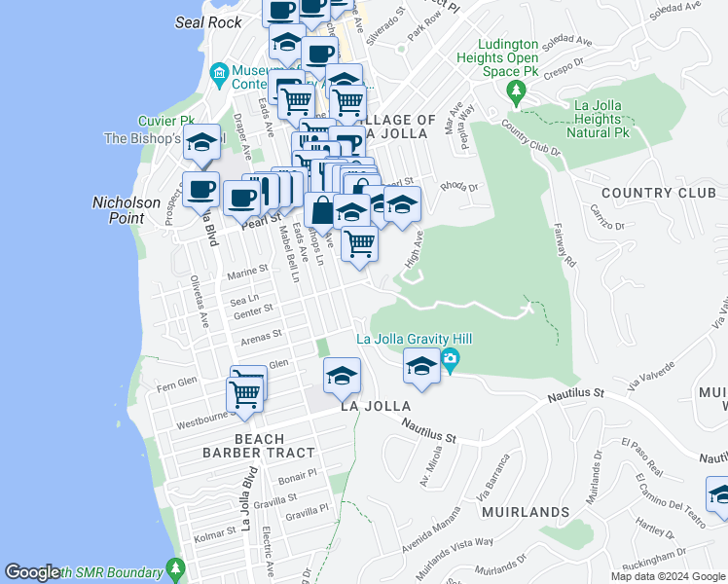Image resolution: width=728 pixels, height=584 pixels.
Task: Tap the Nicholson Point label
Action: [x=126, y=209]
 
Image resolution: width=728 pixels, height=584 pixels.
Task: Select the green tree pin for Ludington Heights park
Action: [x=516, y=92]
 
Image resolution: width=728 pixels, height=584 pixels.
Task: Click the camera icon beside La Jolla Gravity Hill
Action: [x=450, y=360]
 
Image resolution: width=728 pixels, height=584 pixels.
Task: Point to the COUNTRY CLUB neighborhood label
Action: [x=658, y=193]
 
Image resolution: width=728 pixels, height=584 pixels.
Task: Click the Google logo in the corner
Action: [x=32, y=572]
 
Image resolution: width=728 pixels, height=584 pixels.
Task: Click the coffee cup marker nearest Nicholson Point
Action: [x=201, y=190]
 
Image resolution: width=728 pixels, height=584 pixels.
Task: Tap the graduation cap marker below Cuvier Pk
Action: [x=201, y=142]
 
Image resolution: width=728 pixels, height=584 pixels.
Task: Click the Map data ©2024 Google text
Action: [x=668, y=576]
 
